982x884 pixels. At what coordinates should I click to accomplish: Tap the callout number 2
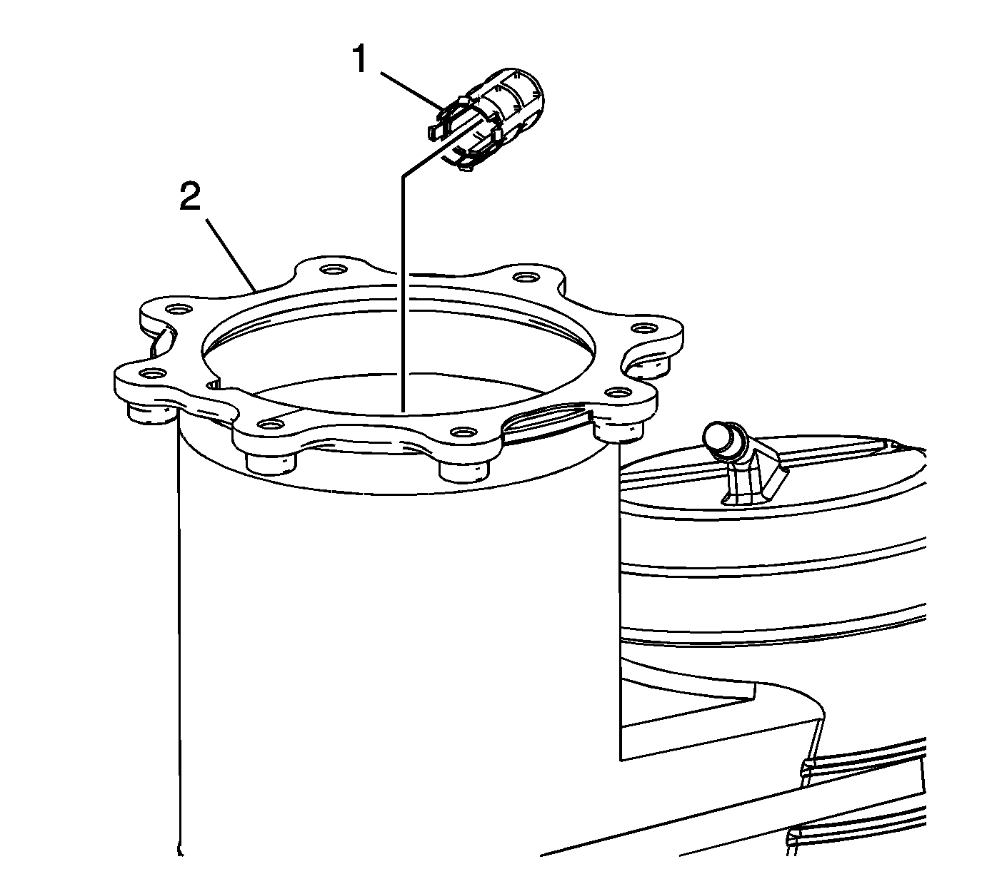click(191, 195)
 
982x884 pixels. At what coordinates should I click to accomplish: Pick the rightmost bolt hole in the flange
click(641, 327)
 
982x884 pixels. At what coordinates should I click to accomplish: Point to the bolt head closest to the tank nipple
click(618, 428)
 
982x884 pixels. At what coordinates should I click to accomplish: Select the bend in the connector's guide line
click(402, 175)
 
